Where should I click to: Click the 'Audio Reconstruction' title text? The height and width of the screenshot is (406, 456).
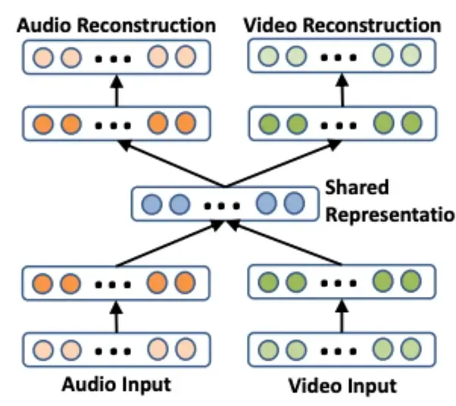point(117,24)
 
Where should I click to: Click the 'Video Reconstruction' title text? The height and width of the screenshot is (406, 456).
point(342,24)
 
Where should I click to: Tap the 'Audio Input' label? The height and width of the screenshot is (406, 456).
point(117,383)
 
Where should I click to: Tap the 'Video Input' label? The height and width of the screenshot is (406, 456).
point(342,386)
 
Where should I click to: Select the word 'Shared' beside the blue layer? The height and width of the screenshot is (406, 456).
point(356,186)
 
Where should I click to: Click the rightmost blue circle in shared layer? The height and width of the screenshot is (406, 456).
point(293,203)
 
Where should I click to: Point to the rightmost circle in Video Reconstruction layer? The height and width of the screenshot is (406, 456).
point(410,56)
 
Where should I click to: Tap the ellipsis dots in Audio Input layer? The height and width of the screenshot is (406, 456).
point(114,349)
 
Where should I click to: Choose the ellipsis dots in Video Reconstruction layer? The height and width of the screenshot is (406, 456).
point(340,57)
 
